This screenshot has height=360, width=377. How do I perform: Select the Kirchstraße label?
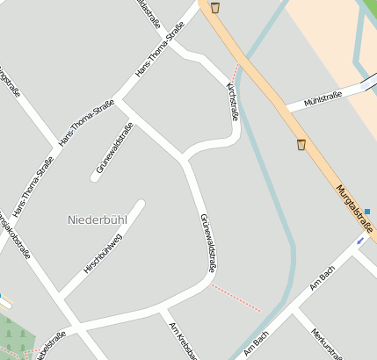[x=233, y=99]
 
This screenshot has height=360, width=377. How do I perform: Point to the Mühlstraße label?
[x=322, y=98]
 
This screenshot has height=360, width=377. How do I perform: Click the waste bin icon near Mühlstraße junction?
[x=301, y=144]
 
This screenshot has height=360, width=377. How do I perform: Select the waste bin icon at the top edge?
[x=215, y=7]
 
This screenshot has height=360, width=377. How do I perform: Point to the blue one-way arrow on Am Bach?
[x=359, y=240]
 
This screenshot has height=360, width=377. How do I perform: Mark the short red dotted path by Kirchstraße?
[x=234, y=71]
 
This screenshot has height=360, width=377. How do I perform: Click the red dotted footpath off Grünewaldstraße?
[x=237, y=297]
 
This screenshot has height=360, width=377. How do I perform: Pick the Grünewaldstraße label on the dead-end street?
[x=114, y=150]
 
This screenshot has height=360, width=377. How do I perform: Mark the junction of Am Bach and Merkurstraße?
[x=293, y=309]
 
